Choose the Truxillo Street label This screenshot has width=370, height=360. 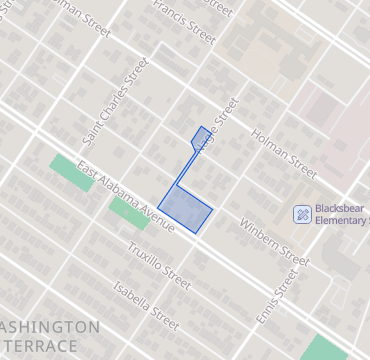click(158, 265)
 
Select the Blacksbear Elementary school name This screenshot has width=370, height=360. click(341, 214)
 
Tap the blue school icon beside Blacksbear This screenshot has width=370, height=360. click(302, 213)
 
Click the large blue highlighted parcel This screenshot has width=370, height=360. click(186, 210)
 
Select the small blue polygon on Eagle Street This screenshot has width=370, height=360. click(201, 136)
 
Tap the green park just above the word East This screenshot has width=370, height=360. click(68, 167)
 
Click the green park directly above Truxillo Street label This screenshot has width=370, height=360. click(127, 212)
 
